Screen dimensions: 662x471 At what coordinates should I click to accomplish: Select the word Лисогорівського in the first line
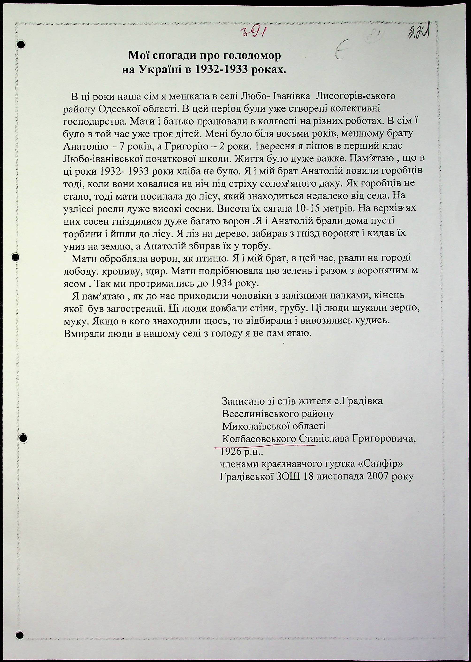355,96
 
